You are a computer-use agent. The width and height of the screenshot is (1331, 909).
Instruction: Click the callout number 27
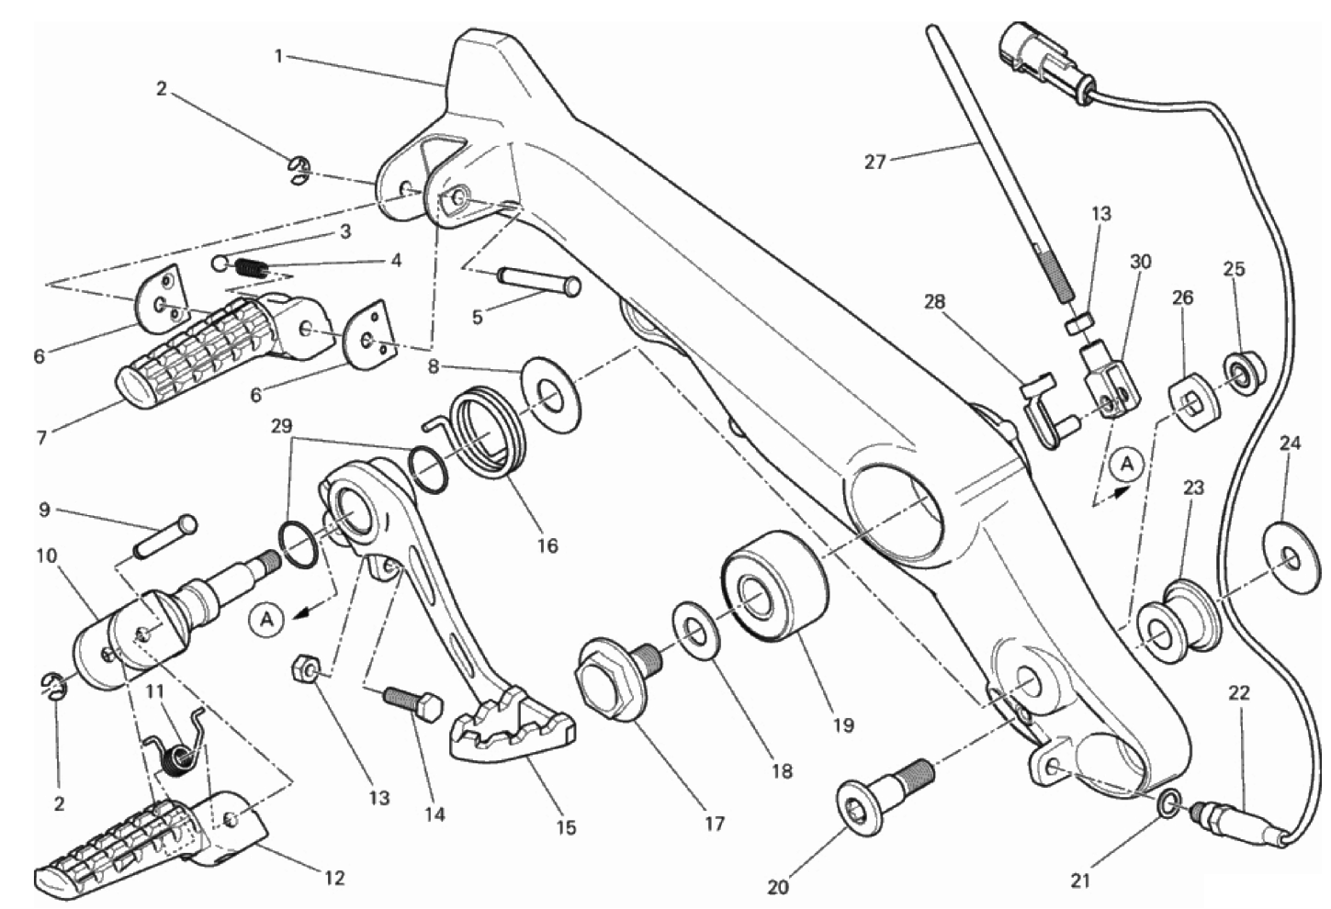[875, 162]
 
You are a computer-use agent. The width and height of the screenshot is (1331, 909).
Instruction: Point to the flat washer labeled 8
[551, 393]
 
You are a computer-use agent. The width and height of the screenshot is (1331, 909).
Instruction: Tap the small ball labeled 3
[220, 262]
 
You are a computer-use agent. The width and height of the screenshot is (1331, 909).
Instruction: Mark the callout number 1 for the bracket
[278, 58]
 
